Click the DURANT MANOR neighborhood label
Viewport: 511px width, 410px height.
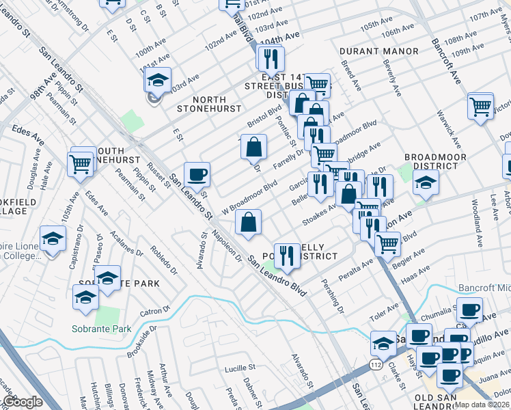tap(379, 51)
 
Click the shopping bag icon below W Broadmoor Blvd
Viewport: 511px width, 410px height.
tap(248, 221)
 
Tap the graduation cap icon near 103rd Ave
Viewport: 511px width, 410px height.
tap(158, 81)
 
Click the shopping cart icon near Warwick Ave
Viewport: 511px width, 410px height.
tap(480, 105)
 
